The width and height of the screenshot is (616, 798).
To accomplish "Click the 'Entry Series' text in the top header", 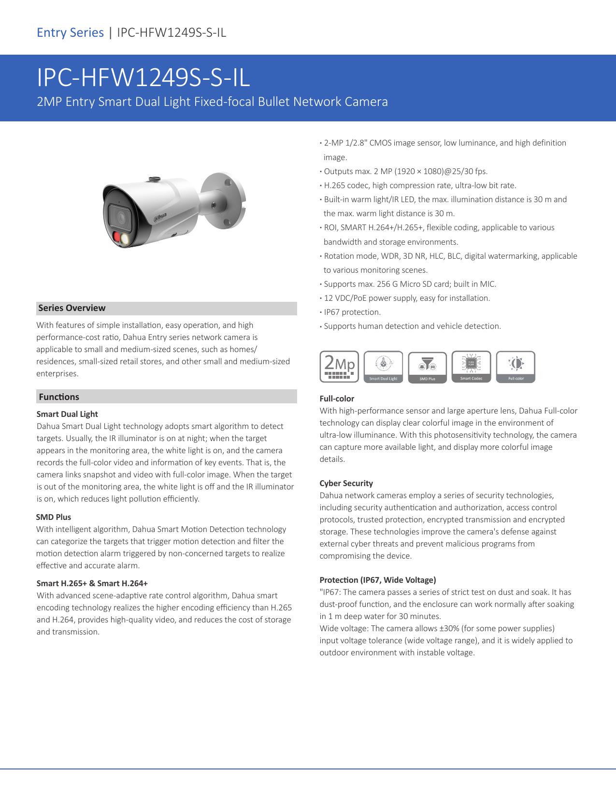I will tap(71, 32).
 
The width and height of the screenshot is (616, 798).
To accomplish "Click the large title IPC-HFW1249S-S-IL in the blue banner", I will tap(143, 78).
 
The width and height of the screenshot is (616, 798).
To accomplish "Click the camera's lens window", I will tap(120, 217).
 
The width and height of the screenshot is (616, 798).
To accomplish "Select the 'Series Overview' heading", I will tap(72, 308).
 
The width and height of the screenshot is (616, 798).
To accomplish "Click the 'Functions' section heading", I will tap(59, 397).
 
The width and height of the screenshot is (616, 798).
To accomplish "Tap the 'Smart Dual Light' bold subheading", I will tap(67, 414).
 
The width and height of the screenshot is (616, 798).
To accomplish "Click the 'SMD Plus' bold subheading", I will tap(54, 517).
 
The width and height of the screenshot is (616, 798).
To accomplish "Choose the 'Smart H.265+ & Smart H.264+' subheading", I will tap(92, 583).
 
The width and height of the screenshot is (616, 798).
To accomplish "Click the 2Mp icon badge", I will tap(339, 367).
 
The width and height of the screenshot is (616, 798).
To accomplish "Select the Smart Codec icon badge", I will tap(471, 367).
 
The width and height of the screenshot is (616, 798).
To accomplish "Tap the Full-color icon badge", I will tap(516, 367).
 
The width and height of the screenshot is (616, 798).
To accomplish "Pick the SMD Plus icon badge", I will tap(427, 367).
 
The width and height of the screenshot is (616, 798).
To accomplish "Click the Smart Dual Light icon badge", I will tap(383, 367).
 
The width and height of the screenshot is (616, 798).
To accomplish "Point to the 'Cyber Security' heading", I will tap(346, 483).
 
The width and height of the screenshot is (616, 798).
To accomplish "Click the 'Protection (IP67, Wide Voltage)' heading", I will tap(378, 580).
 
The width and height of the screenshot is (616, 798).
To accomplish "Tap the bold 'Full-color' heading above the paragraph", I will tap(337, 399).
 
